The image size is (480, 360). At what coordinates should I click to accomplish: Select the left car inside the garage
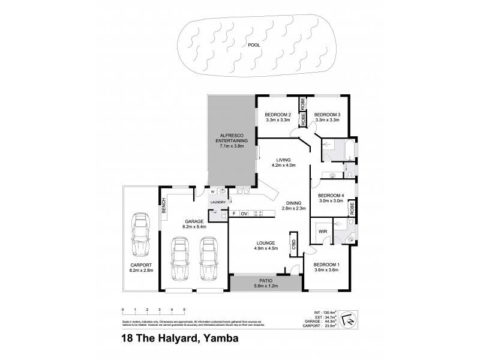[x=180, y=259]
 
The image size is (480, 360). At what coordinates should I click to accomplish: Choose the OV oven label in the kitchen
[x=244, y=214]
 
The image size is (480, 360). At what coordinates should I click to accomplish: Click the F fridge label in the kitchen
[x=234, y=214]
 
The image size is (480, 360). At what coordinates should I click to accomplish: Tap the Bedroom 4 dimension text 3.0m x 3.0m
[x=330, y=202]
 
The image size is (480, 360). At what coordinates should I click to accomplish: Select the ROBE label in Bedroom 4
[x=352, y=209]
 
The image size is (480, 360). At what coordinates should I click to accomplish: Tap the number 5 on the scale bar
[x=184, y=310]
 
